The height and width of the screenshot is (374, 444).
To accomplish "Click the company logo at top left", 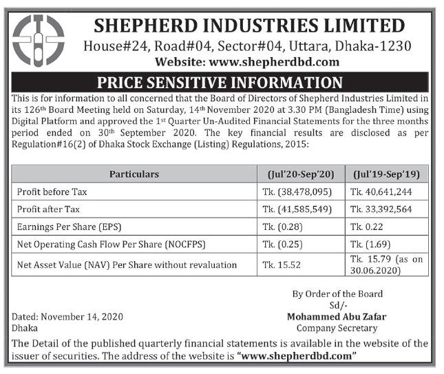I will pyautogui.click(x=39, y=40).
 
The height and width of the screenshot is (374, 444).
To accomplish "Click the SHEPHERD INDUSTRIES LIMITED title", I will pyautogui.click(x=249, y=25).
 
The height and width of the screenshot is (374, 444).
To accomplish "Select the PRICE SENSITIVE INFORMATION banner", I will pyautogui.click(x=220, y=83).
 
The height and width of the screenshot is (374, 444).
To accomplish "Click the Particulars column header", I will pyautogui.click(x=134, y=174).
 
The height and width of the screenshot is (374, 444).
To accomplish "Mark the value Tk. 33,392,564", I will pyautogui.click(x=381, y=208).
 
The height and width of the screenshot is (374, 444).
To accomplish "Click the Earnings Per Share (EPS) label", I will pyautogui.click(x=71, y=226).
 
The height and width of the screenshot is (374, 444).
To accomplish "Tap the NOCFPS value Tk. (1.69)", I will pyautogui.click(x=368, y=243).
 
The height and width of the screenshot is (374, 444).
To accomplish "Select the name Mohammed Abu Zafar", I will pyautogui.click(x=337, y=316).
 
